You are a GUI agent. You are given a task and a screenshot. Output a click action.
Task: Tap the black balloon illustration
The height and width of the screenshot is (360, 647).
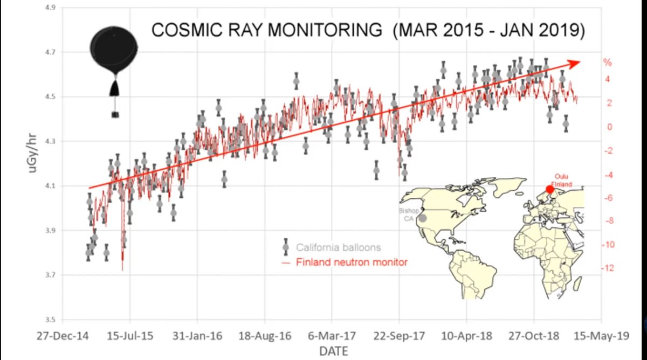114,51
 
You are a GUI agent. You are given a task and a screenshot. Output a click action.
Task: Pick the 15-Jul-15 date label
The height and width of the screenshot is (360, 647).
131,336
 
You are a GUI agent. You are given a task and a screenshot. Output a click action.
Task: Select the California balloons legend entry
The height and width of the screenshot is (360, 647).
338,247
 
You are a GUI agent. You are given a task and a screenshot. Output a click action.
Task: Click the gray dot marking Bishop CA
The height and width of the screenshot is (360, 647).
423,218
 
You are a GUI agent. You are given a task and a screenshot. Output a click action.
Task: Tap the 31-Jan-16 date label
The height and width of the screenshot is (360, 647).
197,336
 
